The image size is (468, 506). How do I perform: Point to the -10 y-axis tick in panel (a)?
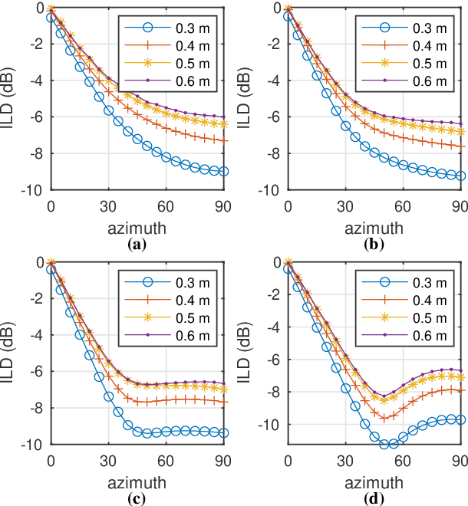35,189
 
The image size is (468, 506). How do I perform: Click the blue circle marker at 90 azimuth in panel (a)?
222,171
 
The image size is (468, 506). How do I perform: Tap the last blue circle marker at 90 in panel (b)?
460,176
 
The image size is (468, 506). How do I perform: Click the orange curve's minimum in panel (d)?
386,418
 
